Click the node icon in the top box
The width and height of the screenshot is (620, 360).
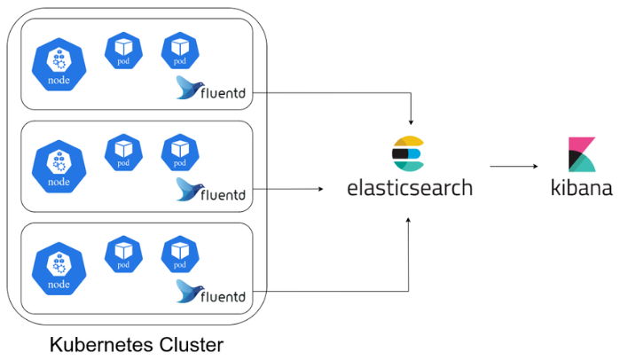click(x=59, y=66)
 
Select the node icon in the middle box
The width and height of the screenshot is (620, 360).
click(x=59, y=167)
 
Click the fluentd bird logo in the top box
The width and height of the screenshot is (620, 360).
click(x=186, y=88)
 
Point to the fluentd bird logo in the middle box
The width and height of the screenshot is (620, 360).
click(x=186, y=189)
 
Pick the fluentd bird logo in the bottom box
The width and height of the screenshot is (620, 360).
click(x=186, y=290)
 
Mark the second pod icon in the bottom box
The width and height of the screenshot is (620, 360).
click(x=179, y=253)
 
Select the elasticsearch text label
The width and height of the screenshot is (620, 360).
click(x=410, y=188)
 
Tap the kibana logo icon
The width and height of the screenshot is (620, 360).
click(x=582, y=154)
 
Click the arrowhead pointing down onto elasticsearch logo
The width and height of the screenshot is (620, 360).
click(x=410, y=121)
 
